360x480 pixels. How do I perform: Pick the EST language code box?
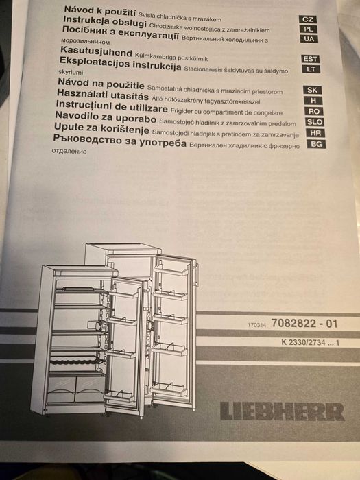coord(311,59)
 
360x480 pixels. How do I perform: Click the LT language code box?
coord(311,69)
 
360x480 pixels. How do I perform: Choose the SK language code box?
coord(312,90)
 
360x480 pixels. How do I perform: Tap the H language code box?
coord(312,100)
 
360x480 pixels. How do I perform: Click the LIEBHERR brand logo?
coord(283,411)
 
